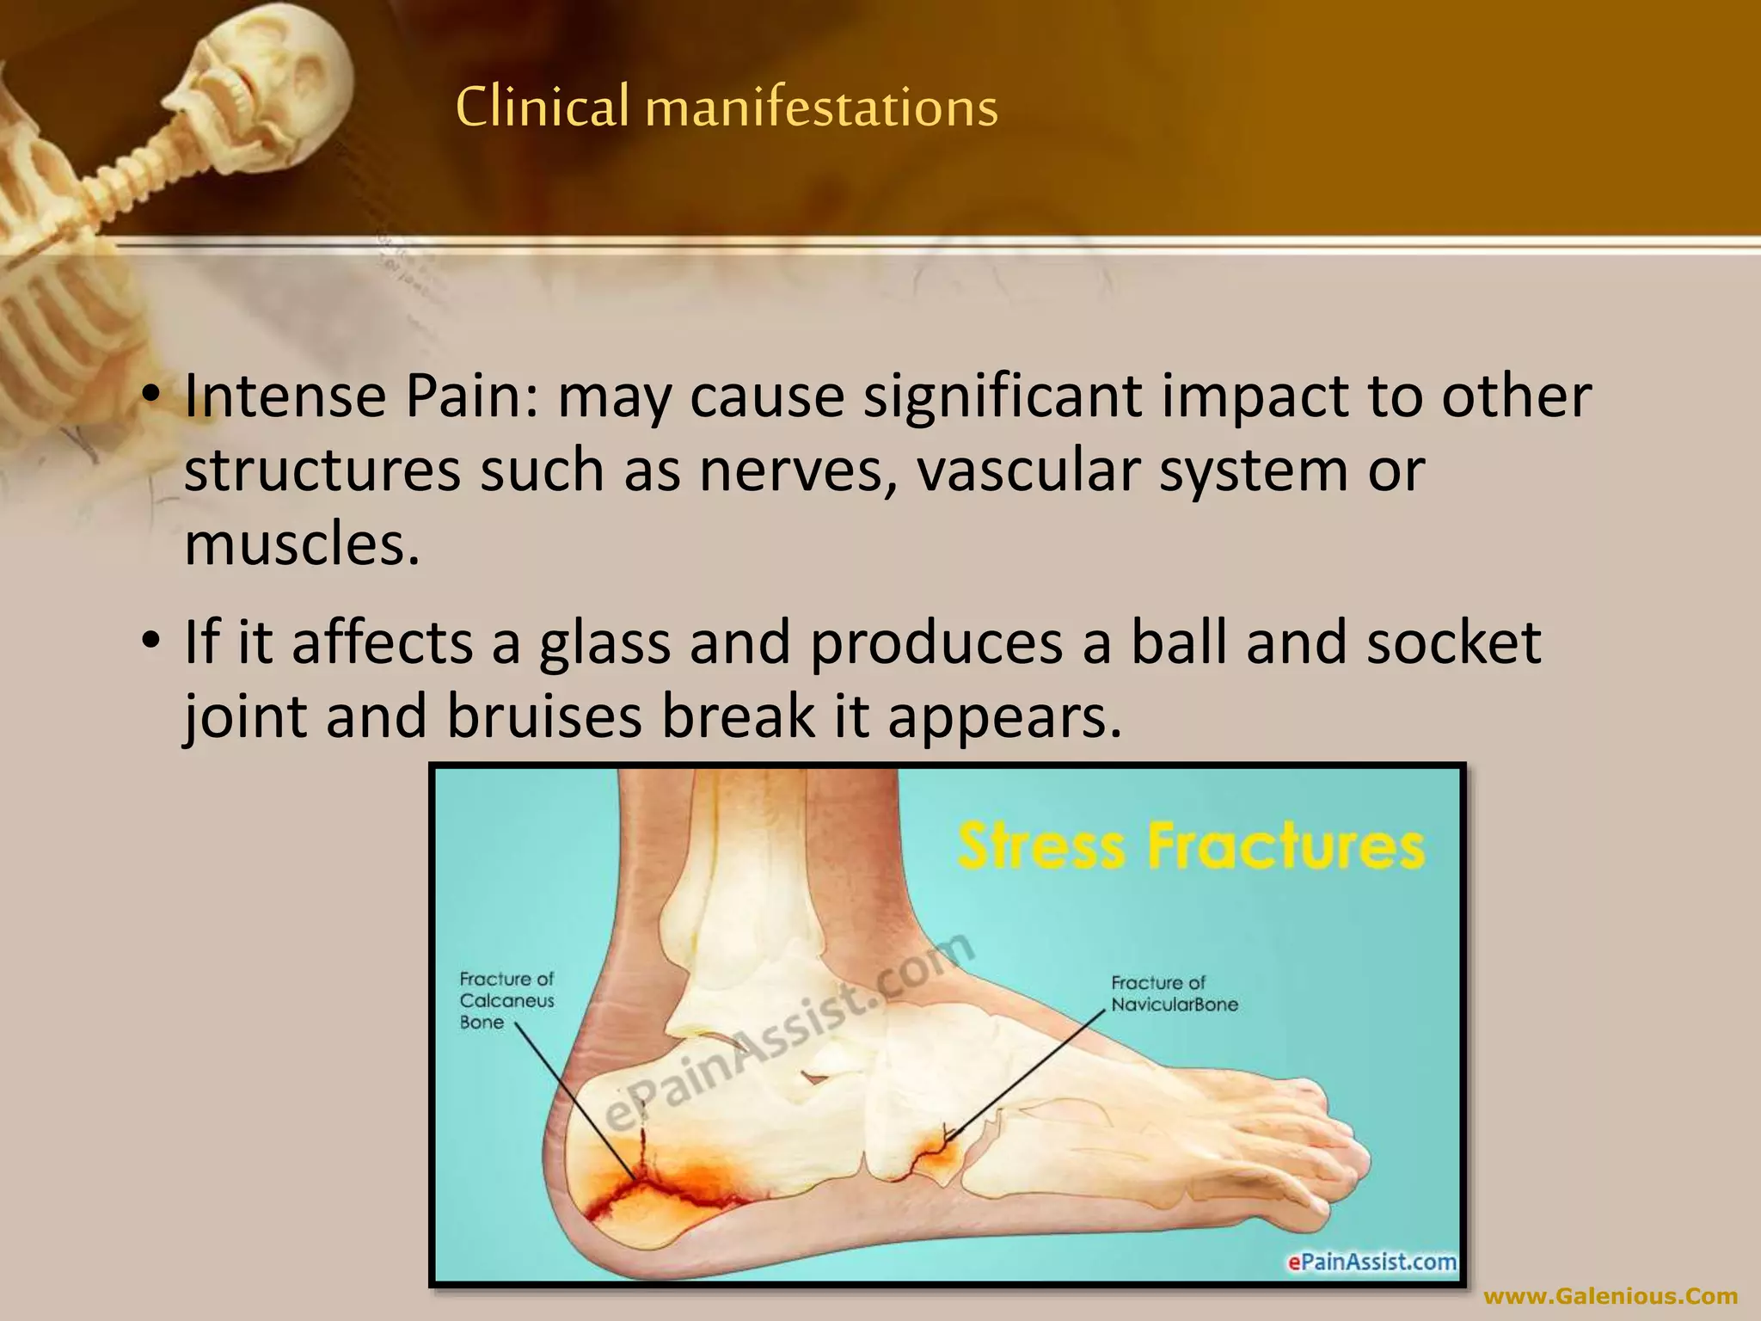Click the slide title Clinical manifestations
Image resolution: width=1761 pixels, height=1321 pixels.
[x=727, y=108]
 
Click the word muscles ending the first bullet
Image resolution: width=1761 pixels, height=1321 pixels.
[x=301, y=545]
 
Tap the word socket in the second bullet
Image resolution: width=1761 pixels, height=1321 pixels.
[x=1453, y=643]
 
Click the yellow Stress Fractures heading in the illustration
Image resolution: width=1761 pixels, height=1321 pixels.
[x=1191, y=846]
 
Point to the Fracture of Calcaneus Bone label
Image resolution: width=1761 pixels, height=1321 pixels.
[x=506, y=1000]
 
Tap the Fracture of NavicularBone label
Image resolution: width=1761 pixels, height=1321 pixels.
[x=1174, y=993]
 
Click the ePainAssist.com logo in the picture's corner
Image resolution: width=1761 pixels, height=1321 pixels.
[x=1371, y=1262]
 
